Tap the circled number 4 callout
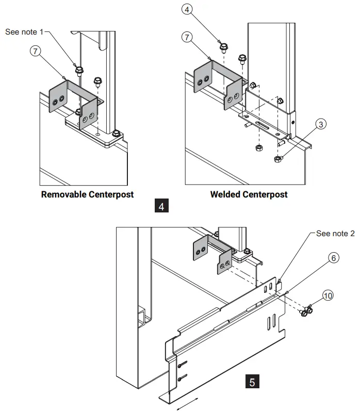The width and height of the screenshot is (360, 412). click(187, 8)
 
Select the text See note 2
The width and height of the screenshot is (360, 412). click(335, 234)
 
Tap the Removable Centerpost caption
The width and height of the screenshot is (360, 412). click(87, 194)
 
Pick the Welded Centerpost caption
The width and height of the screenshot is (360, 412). click(249, 194)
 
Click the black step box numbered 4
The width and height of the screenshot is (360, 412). click(161, 207)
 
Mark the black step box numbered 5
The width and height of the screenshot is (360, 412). click(252, 382)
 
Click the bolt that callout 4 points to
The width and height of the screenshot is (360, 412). click(224, 48)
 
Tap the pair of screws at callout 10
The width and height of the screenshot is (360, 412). click(306, 311)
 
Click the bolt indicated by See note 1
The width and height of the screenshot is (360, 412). click(79, 70)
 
